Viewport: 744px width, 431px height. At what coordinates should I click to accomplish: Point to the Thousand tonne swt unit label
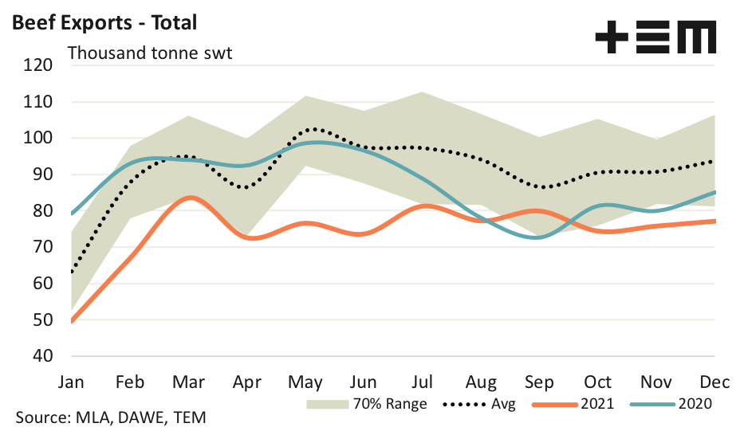[149, 53]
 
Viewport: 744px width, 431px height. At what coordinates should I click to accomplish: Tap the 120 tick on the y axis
[38, 65]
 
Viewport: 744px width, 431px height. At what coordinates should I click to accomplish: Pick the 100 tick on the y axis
[38, 139]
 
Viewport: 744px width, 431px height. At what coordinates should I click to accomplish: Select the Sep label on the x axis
[539, 381]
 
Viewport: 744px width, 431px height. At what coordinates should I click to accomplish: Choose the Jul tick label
[423, 381]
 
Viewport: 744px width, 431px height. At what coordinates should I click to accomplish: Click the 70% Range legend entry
[368, 404]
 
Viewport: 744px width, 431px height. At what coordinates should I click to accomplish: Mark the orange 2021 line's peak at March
[188, 197]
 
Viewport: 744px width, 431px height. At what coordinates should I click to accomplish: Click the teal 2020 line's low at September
[539, 237]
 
